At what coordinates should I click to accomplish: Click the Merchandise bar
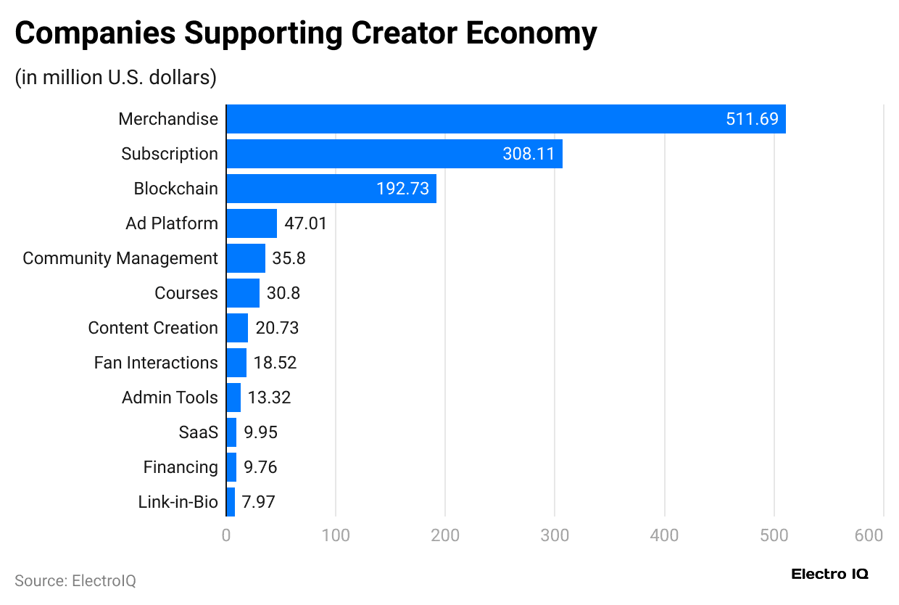[505, 119]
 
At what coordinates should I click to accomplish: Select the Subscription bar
[394, 154]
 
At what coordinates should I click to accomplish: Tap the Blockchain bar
[331, 189]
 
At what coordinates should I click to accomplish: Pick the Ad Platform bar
[251, 223]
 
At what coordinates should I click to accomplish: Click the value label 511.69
[752, 119]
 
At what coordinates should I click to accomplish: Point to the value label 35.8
[289, 258]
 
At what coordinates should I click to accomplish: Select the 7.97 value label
[260, 502]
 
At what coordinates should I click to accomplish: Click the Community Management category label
[120, 258]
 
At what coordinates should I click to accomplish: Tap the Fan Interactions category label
[156, 363]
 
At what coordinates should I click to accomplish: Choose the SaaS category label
[198, 432]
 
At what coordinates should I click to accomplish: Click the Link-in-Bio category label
[178, 502]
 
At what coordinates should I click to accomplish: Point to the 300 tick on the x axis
[555, 536]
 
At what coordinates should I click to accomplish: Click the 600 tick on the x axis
[869, 536]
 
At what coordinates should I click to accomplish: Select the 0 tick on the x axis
[226, 536]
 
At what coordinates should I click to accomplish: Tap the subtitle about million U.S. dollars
[116, 77]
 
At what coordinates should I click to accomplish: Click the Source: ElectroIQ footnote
[75, 581]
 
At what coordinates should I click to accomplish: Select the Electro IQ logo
[829, 575]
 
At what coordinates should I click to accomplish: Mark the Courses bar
[243, 293]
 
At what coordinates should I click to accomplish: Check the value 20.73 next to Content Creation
[277, 328]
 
